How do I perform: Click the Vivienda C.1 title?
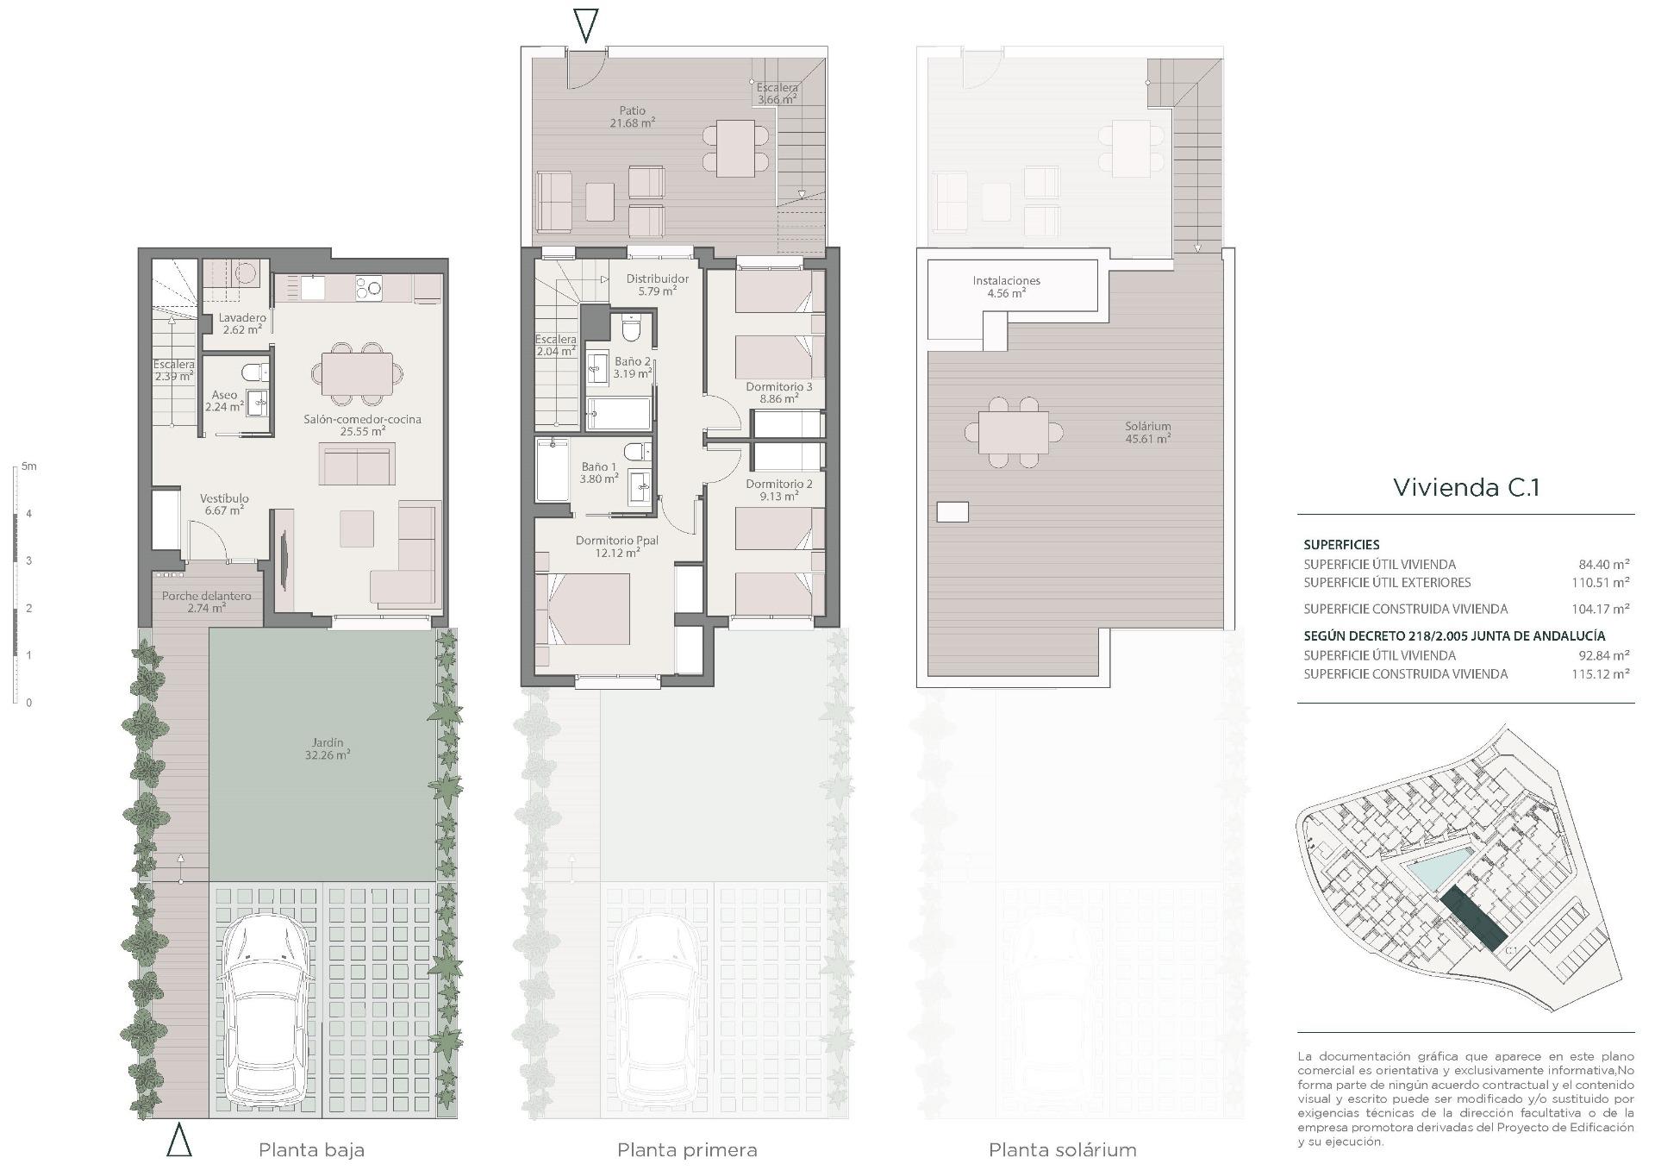(1465, 487)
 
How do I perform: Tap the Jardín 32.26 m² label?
(328, 748)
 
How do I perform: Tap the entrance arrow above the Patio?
(586, 25)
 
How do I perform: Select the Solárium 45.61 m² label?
(1147, 432)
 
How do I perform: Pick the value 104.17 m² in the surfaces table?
(1600, 609)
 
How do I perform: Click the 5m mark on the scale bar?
(29, 466)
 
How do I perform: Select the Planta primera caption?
(687, 1149)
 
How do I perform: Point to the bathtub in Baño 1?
(553, 469)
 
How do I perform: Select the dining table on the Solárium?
(1014, 433)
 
